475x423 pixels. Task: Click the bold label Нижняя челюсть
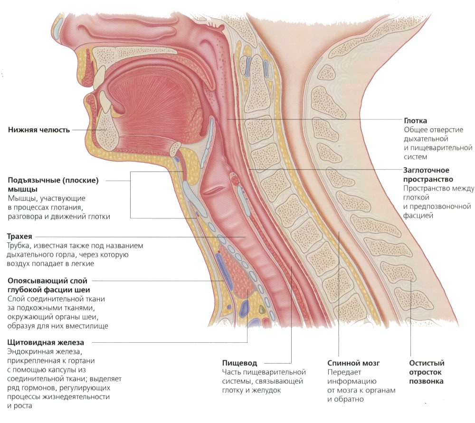tap(39, 130)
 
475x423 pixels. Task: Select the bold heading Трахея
tap(19, 236)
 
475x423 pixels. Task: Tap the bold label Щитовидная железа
tap(46, 343)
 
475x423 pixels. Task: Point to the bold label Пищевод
tap(239, 363)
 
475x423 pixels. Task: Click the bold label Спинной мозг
tap(353, 363)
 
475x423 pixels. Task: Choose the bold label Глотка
tap(415, 121)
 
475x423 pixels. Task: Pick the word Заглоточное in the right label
tap(426, 170)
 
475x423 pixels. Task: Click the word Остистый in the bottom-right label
tap(427, 363)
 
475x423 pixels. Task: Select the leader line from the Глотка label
tap(314, 119)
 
